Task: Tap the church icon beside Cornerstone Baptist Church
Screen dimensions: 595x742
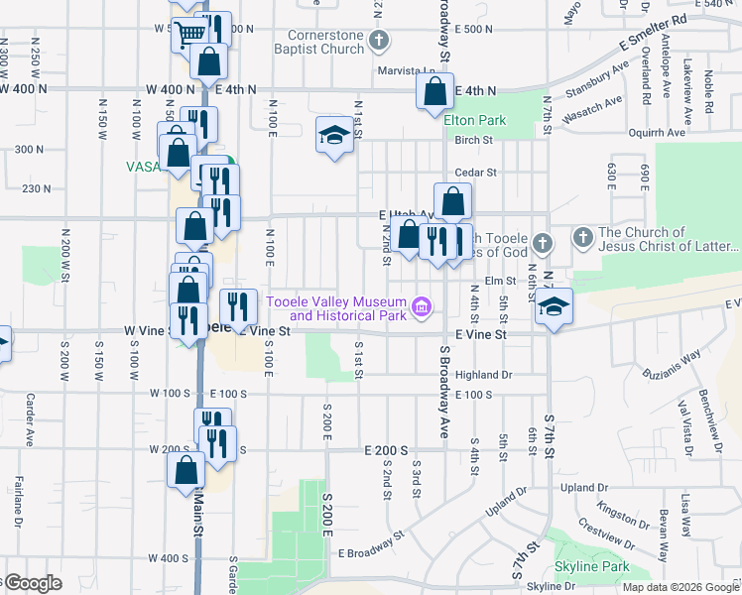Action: [x=378, y=42]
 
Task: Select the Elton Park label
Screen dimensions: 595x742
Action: [x=474, y=120]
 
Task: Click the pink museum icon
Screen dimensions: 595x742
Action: [x=422, y=307]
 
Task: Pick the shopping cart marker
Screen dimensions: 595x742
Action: [x=188, y=35]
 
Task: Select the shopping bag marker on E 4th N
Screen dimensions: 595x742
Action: [x=435, y=93]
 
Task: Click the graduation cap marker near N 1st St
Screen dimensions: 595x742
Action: [x=335, y=135]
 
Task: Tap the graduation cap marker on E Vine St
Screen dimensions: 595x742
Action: [x=555, y=307]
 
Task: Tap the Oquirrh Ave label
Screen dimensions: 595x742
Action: [x=657, y=132]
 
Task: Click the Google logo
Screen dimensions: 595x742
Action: [x=32, y=583]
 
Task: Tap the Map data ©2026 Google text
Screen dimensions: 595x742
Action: [x=680, y=587]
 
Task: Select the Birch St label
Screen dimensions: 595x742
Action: [x=473, y=140]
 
